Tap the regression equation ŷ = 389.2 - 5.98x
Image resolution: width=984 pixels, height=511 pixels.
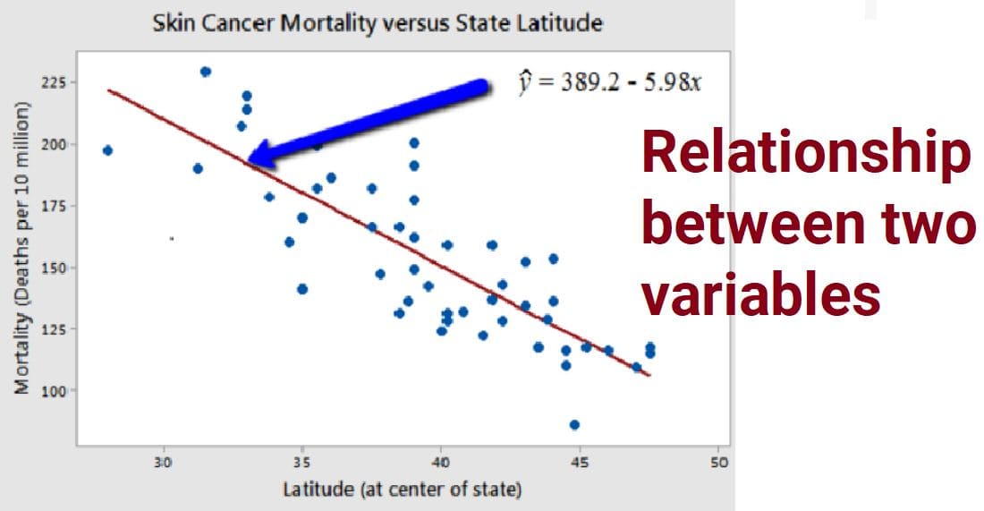click(x=611, y=83)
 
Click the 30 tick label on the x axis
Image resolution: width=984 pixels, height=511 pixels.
click(x=163, y=463)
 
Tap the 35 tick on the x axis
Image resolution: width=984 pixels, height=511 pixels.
click(x=302, y=463)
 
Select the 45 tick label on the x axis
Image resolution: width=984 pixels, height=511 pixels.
click(x=579, y=463)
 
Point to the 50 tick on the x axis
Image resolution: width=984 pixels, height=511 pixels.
click(x=717, y=463)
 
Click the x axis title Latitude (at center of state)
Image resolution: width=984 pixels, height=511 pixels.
click(x=403, y=490)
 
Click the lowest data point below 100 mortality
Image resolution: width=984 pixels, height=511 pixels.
click(x=574, y=424)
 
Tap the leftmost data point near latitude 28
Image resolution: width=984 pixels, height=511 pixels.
click(x=107, y=150)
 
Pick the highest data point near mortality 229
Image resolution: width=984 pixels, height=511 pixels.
click(x=205, y=72)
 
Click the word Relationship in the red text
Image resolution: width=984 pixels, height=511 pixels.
click(x=805, y=154)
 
